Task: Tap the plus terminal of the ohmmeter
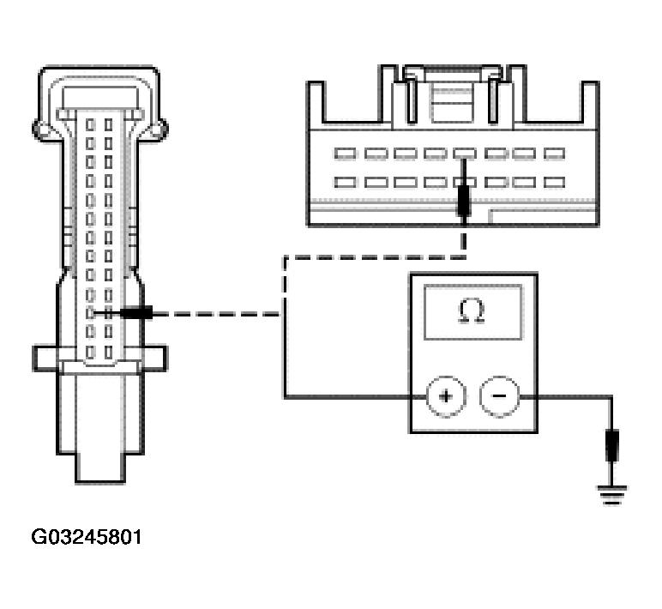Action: (446, 396)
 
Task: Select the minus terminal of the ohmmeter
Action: (498, 396)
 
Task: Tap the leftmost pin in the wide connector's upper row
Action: (346, 154)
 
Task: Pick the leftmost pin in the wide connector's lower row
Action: (346, 182)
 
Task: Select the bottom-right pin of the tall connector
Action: (109, 352)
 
